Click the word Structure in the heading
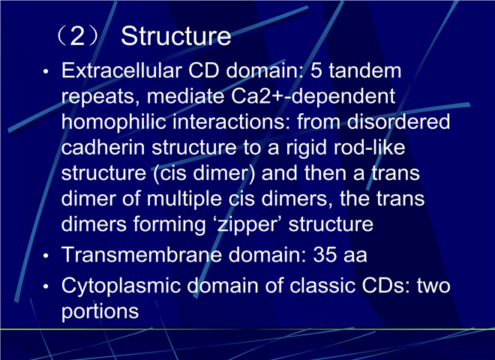[175, 36]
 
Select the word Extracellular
[121, 70]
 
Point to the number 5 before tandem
[316, 70]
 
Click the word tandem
[365, 70]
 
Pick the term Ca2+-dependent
[313, 96]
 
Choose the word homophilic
[114, 122]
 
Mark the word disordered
[398, 121]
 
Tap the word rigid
[306, 148]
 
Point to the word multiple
[184, 199]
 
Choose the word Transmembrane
[142, 254]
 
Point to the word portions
[100, 312]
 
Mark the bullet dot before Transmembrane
[46, 256]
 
